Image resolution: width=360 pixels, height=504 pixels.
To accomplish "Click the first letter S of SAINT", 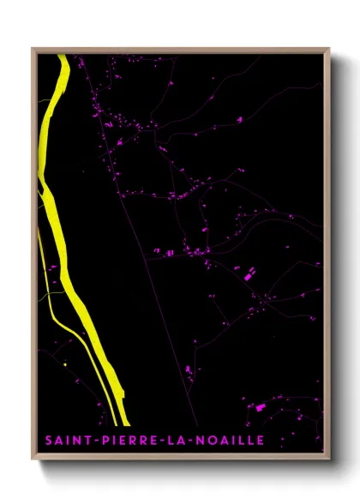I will pyautogui.click(x=49, y=441).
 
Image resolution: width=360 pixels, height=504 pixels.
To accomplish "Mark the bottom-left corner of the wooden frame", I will pyautogui.click(x=33, y=459).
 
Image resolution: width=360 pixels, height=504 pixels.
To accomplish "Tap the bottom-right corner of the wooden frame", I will pyautogui.click(x=329, y=459).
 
